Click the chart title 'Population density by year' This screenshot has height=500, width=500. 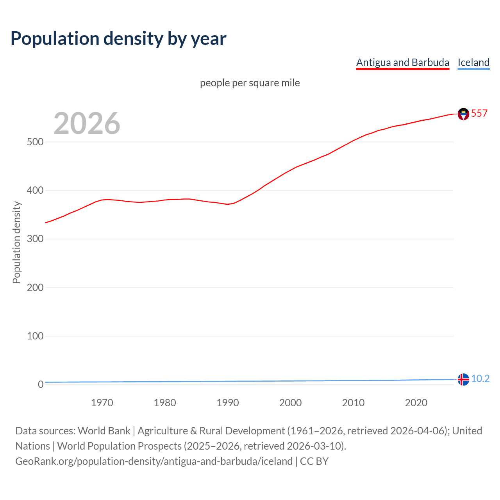point(118,39)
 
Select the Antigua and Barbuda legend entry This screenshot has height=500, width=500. point(403,62)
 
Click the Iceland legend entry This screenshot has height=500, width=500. point(473,62)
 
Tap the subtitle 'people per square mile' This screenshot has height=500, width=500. point(250,83)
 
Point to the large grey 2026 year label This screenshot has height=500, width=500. point(87,123)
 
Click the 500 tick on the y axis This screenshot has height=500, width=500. point(35,142)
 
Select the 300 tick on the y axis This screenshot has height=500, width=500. point(35,239)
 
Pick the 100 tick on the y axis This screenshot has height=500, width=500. point(35,336)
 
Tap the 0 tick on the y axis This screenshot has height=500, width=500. point(41,384)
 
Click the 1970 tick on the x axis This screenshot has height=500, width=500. point(102,403)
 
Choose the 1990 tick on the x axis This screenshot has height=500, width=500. point(228,403)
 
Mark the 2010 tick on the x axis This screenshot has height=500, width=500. point(353,403)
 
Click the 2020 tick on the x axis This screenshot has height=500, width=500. point(416,403)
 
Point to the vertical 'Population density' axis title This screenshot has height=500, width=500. point(16,242)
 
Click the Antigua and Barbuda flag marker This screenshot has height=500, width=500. point(463,114)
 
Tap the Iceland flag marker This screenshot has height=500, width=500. point(463,379)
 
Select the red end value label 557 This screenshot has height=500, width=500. point(479,113)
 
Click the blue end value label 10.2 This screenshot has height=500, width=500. point(480,379)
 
